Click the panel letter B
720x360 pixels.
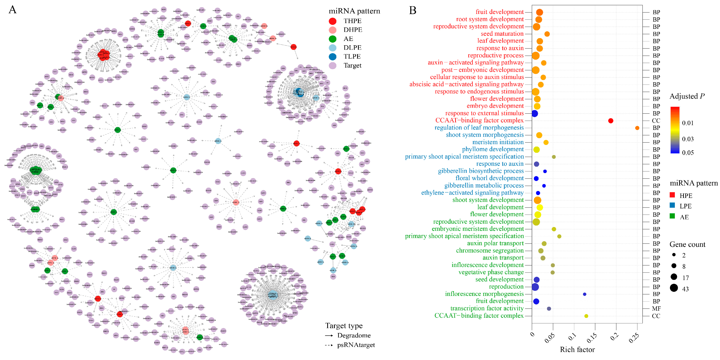coord(413,11)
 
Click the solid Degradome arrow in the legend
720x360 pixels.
coord(329,335)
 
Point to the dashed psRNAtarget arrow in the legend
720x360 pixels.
coord(329,345)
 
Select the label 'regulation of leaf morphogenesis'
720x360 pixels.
coord(479,128)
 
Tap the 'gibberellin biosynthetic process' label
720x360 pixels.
coord(481,171)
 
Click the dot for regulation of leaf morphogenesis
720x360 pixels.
coord(637,128)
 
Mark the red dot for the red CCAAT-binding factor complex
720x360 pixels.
coord(611,121)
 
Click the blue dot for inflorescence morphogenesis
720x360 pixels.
coord(584,294)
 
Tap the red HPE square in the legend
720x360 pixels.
coord(673,195)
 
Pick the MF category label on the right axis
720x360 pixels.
coord(656,309)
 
